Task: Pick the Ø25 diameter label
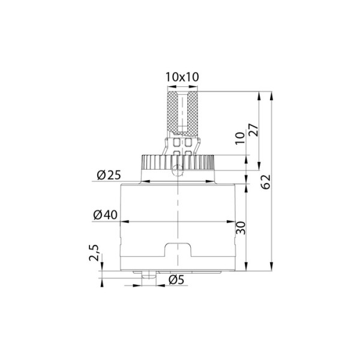(109, 175)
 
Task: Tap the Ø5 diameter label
(176, 280)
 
